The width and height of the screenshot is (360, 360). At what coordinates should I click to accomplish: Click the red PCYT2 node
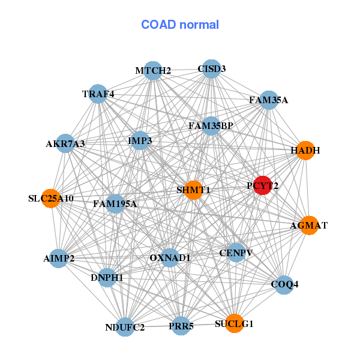click(x=262, y=185)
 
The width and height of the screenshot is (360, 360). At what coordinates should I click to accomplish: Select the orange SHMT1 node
click(x=193, y=190)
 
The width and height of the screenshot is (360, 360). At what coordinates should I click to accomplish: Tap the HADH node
click(x=305, y=151)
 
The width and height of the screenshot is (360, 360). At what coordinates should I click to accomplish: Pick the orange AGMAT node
click(x=308, y=225)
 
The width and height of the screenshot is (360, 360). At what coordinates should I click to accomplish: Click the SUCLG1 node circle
click(x=234, y=323)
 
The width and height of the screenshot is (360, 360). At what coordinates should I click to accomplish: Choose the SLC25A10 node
click(x=51, y=198)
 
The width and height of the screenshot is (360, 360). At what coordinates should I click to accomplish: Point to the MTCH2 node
click(x=153, y=70)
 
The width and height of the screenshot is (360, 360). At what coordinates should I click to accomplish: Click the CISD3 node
click(x=211, y=68)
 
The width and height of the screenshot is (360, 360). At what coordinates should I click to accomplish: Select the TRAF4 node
click(x=98, y=94)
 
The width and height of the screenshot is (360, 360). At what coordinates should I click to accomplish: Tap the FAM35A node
click(x=268, y=100)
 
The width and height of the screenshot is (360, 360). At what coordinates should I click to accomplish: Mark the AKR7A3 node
click(x=65, y=143)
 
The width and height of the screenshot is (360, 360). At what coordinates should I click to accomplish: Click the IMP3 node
click(x=140, y=140)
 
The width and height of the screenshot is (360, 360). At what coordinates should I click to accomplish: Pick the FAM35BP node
click(x=211, y=126)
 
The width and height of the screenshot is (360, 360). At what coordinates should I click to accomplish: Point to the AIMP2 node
click(x=59, y=258)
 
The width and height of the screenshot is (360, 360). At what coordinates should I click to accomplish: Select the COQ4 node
click(x=284, y=283)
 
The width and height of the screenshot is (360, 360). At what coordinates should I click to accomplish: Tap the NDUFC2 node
click(x=125, y=327)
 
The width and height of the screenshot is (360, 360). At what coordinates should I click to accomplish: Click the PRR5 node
click(x=181, y=326)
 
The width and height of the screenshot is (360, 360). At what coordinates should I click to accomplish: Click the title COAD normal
click(x=180, y=25)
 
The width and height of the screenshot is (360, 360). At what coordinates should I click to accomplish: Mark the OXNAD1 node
click(x=170, y=257)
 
